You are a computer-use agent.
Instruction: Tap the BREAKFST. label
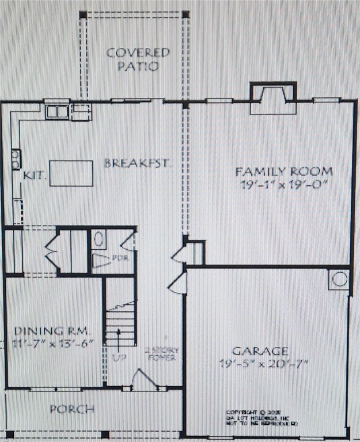138,163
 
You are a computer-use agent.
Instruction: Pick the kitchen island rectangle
71,173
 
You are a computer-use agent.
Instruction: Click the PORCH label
71,409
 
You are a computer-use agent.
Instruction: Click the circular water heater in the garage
339,280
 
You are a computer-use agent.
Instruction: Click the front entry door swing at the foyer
141,379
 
